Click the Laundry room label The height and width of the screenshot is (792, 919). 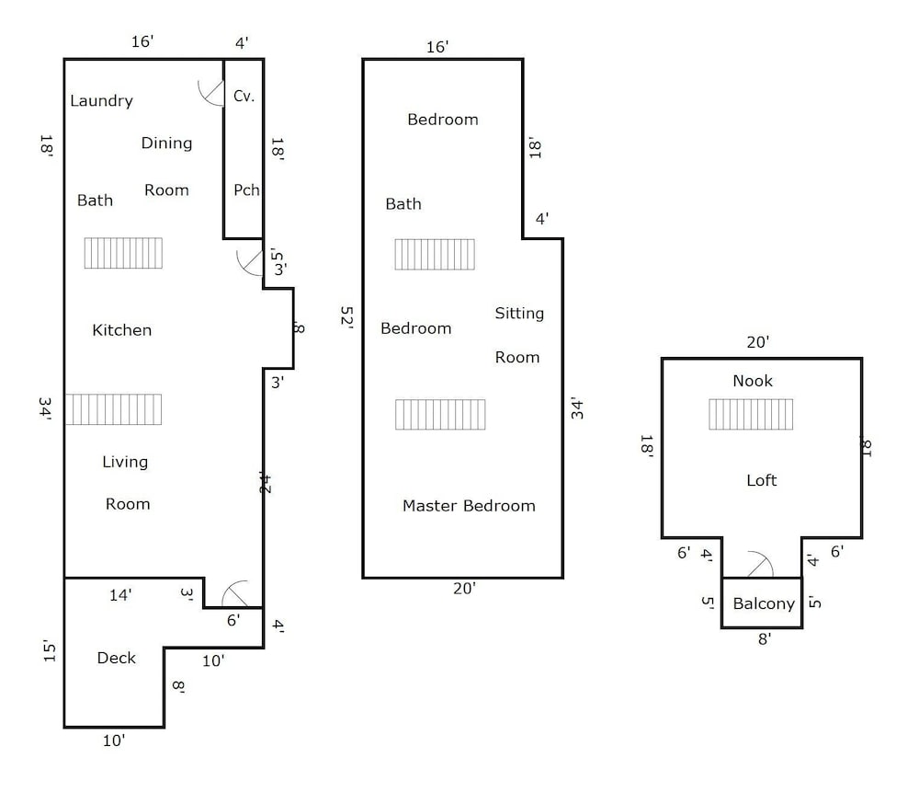point(101,101)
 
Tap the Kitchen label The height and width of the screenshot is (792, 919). point(122,330)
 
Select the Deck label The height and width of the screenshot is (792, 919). point(116,659)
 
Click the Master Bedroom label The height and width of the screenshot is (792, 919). point(469,506)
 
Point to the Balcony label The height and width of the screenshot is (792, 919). point(764,603)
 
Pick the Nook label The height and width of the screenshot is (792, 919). point(753,382)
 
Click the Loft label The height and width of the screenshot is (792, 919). point(761,480)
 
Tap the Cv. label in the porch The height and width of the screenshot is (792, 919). point(244,96)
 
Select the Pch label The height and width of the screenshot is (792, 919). point(246,190)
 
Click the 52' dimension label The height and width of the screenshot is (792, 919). point(346,317)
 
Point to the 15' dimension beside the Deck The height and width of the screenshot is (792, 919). point(50,652)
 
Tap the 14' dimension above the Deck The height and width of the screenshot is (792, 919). point(120,595)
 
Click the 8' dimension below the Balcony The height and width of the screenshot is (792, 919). point(765,639)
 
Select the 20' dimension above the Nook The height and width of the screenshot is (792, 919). point(758,342)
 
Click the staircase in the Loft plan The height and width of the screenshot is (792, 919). point(751,414)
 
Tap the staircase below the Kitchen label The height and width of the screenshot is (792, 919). point(113,409)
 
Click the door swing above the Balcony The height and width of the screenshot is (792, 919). point(760,565)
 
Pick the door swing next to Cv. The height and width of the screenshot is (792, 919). point(211,92)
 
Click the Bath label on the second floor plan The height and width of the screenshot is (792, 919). point(403,204)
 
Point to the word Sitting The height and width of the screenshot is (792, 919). point(519,314)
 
